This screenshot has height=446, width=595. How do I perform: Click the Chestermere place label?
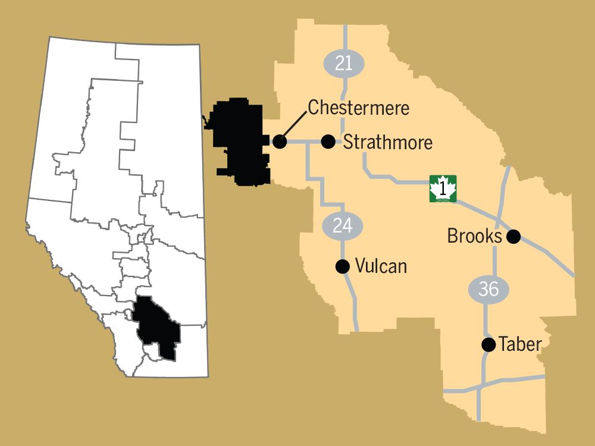pos(358,108)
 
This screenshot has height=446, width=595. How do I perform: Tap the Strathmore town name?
pos(387,143)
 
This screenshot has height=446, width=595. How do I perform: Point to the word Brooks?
pos(474,236)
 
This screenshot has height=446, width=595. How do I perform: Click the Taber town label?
pos(521,344)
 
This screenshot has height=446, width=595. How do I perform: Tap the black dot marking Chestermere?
pos(280,142)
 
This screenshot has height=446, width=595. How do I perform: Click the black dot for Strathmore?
pos(328,142)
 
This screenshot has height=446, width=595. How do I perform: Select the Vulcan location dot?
pos(342,266)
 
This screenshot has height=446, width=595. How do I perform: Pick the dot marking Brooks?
pos(514,237)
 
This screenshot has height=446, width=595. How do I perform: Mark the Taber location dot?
pos(488,344)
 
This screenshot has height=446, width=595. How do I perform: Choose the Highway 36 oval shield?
pos(488,289)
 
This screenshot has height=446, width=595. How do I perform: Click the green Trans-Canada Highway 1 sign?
pos(443,189)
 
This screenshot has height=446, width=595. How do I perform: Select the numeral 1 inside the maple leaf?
pos(443,189)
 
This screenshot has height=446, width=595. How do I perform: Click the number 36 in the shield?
pos(488,289)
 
